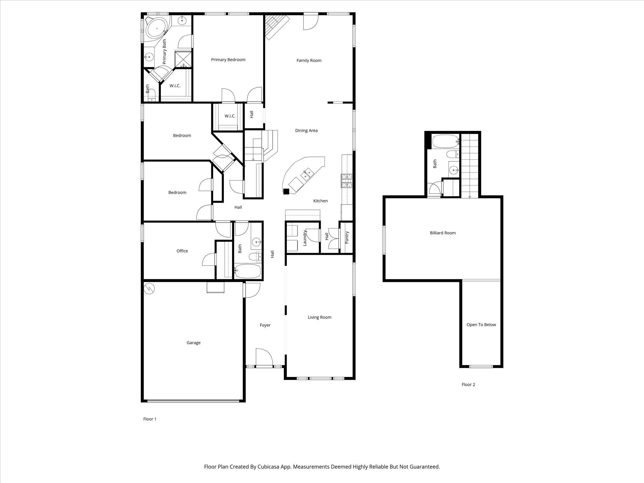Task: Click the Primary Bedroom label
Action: pyautogui.click(x=228, y=60)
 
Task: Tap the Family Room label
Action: pyautogui.click(x=309, y=61)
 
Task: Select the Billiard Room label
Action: pyautogui.click(x=442, y=233)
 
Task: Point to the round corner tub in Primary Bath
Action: pyautogui.click(x=157, y=29)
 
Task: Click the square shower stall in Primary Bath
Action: pyautogui.click(x=183, y=59)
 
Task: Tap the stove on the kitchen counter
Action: pyautogui.click(x=347, y=181)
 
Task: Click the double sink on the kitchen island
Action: pyautogui.click(x=307, y=174)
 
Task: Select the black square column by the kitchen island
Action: pyautogui.click(x=286, y=191)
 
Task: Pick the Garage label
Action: pyautogui.click(x=193, y=343)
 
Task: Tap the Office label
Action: pyautogui.click(x=182, y=251)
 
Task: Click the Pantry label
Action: pyautogui.click(x=347, y=237)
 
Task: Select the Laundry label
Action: pyautogui.click(x=304, y=238)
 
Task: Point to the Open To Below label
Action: pyautogui.click(x=481, y=325)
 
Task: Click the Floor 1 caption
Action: pyautogui.click(x=150, y=419)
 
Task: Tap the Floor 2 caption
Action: pyautogui.click(x=468, y=385)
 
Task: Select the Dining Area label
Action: pyautogui.click(x=306, y=130)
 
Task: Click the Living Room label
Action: pyautogui.click(x=319, y=317)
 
